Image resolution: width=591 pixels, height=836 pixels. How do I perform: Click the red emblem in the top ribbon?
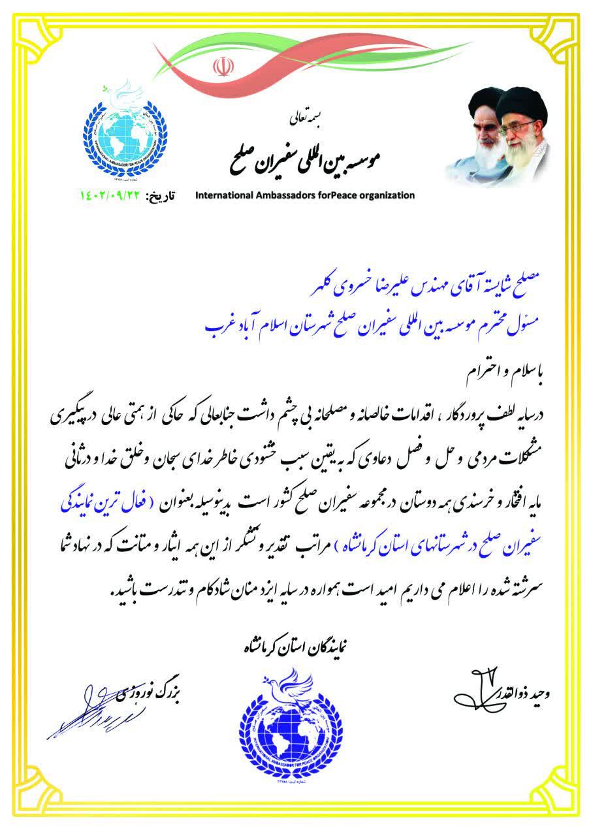pos(220,67)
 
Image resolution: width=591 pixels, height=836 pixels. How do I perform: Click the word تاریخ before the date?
pos(164,195)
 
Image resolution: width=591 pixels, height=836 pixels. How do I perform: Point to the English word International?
pos(226,195)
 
